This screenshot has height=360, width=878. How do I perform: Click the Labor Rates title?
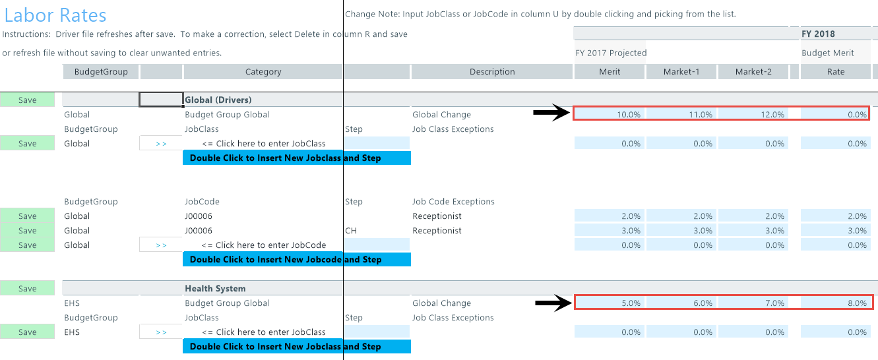[55, 16]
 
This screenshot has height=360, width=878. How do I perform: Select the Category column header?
[263, 72]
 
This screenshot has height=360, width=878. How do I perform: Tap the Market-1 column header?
[681, 72]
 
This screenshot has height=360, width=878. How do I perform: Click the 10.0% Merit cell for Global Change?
[610, 114]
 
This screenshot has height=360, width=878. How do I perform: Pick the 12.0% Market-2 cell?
[753, 114]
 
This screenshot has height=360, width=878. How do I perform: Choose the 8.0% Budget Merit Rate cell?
[836, 303]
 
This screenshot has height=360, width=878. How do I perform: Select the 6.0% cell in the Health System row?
[681, 303]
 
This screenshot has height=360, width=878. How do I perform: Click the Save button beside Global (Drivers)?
[28, 100]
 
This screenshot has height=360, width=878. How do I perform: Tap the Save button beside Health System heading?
[28, 288]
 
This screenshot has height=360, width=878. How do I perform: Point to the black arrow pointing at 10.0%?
[551, 113]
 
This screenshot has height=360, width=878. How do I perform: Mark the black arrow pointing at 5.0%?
[553, 303]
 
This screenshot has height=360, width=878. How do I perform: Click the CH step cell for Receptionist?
[351, 230]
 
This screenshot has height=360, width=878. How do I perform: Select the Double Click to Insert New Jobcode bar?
[297, 259]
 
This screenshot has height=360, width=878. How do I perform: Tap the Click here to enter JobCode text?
[264, 245]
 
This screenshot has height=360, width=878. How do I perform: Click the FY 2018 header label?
[818, 34]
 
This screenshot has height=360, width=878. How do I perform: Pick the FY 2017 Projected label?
[611, 53]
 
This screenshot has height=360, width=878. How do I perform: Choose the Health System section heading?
[215, 288]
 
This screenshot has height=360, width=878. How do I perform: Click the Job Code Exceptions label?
[453, 201]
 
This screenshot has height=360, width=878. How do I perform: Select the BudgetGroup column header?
[101, 72]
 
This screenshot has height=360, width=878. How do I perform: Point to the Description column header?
[492, 72]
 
